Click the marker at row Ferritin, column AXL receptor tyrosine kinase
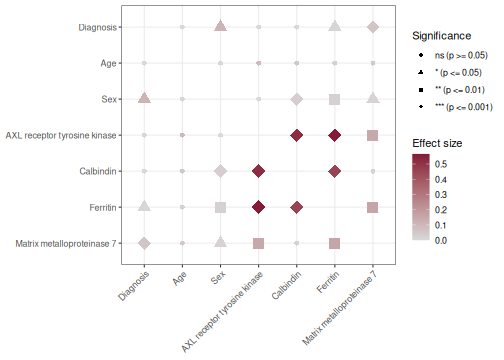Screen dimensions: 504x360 [258, 207]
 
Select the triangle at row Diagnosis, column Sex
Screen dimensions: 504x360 [220, 26]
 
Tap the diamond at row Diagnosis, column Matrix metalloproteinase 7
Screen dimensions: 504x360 [373, 27]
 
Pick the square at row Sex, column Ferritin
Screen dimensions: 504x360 [334, 99]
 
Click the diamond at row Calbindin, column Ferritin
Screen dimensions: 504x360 [334, 171]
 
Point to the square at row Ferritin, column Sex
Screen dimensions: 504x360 [220, 207]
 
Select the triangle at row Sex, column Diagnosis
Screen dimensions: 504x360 [144, 98]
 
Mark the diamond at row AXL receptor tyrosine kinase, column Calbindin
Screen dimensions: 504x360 [296, 135]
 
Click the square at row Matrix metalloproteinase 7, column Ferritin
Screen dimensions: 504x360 [334, 243]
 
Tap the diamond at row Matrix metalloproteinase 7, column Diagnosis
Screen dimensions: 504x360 [144, 243]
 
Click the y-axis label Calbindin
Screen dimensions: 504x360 [98, 171]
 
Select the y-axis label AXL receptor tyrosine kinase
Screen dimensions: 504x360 [61, 135]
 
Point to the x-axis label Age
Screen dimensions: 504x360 [179, 279]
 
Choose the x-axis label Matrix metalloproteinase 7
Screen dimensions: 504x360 [340, 307]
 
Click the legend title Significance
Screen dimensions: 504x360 [441, 36]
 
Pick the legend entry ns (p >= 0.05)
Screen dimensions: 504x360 [461, 55]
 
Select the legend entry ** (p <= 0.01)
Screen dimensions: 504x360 [460, 90]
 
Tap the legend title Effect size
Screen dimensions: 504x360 [437, 143]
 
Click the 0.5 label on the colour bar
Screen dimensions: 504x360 [441, 164]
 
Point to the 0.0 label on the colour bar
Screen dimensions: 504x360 [441, 240]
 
